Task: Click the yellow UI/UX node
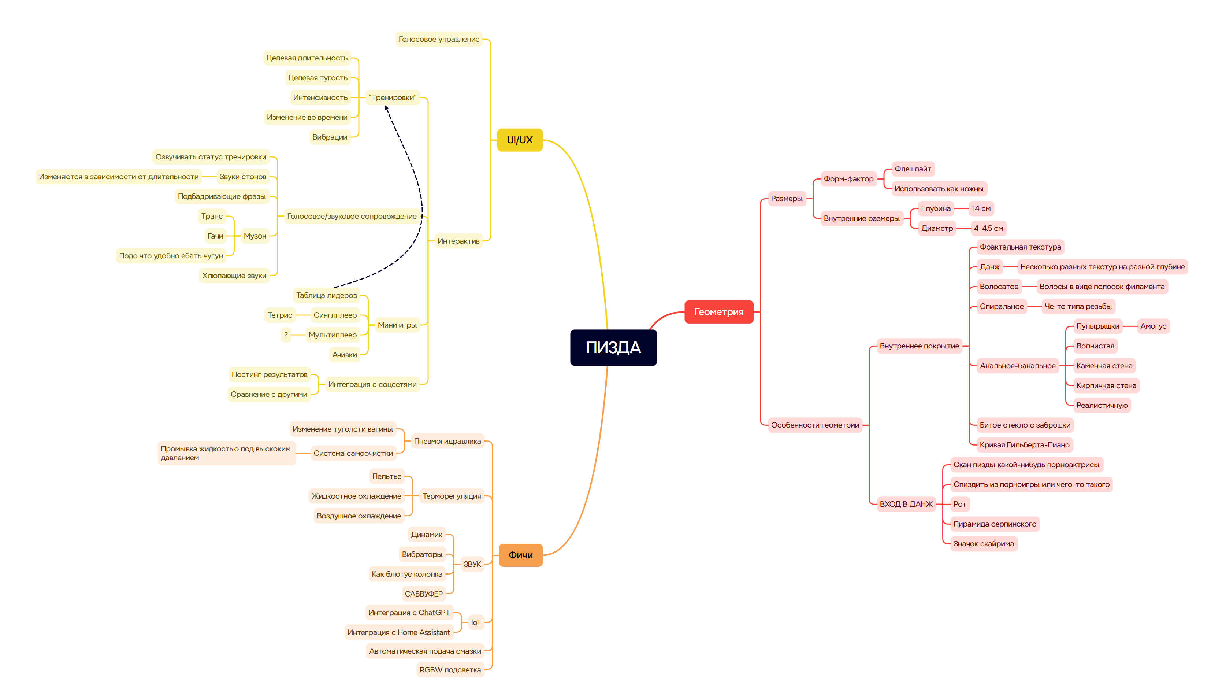[x=519, y=140]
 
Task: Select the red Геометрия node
[x=718, y=312]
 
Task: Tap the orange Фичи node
[x=520, y=555]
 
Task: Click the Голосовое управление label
[x=438, y=39]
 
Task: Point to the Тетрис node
[x=280, y=315]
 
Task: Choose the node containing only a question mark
[x=286, y=335]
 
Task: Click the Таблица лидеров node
[x=326, y=295]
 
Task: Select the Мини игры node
[x=397, y=325]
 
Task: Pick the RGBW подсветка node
[x=450, y=670]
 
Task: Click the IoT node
[x=476, y=622]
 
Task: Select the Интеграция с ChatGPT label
[x=409, y=613]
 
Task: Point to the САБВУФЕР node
[x=423, y=594]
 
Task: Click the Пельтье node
[x=387, y=476]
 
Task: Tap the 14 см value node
[x=981, y=208]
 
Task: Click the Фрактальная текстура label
[x=1020, y=247]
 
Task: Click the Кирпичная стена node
[x=1106, y=385]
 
